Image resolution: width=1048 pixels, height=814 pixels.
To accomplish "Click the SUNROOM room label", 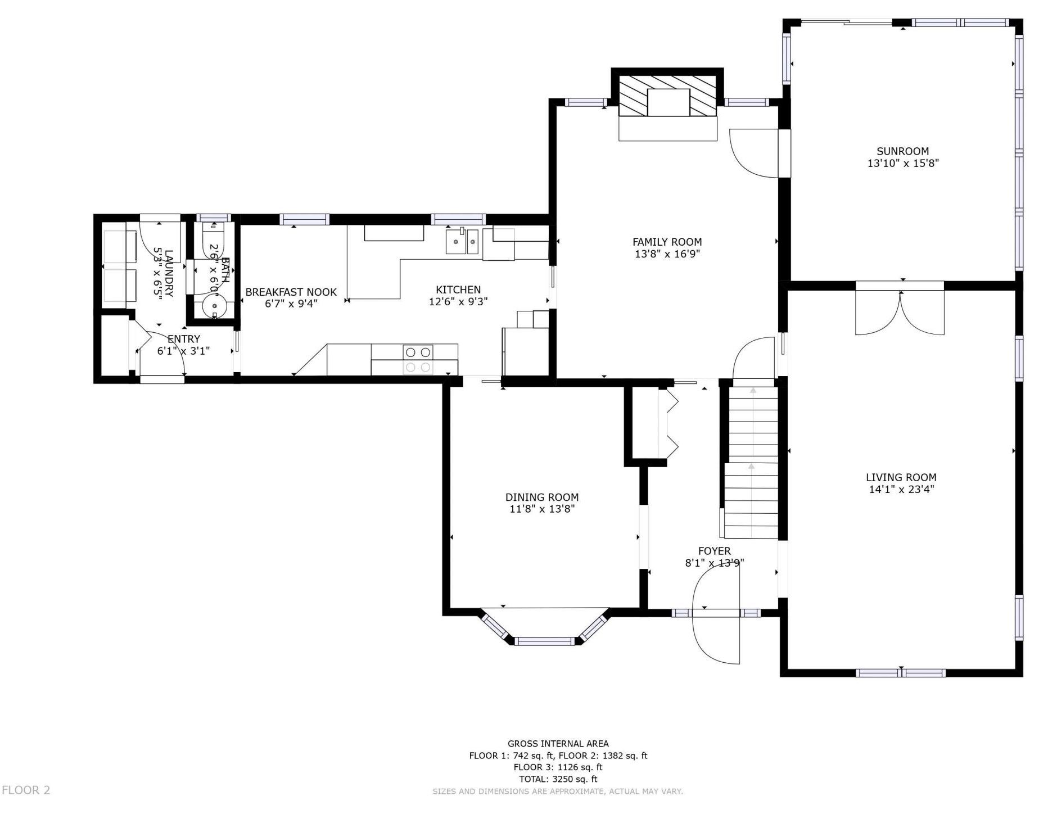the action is (902, 151).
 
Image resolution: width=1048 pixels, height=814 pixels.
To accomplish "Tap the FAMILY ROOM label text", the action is (667, 242).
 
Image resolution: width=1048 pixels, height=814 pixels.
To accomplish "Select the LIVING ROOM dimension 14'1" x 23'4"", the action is (901, 490).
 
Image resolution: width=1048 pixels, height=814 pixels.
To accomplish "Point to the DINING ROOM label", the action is (542, 497).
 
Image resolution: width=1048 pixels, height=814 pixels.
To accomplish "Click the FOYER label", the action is (715, 551).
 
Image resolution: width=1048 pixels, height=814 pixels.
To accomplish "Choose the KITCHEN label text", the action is (458, 290).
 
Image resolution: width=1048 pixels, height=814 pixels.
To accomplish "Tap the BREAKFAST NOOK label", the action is (291, 292).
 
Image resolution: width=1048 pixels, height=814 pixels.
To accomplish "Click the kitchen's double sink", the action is (462, 242).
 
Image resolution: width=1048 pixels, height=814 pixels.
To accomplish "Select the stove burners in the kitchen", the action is (418, 360).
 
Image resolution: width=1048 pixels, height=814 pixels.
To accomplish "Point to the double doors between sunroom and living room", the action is (900, 312).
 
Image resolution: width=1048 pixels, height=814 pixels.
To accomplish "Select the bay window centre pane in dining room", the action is (544, 641).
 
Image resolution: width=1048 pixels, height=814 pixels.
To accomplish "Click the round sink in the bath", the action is (214, 306).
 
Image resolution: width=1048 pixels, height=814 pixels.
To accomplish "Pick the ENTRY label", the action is (183, 339).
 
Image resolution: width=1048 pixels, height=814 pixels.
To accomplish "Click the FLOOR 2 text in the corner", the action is (26, 790).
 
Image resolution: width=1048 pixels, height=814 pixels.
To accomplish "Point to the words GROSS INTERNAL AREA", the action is (558, 744).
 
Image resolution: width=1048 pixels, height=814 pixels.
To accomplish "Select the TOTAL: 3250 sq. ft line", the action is (558, 779).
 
